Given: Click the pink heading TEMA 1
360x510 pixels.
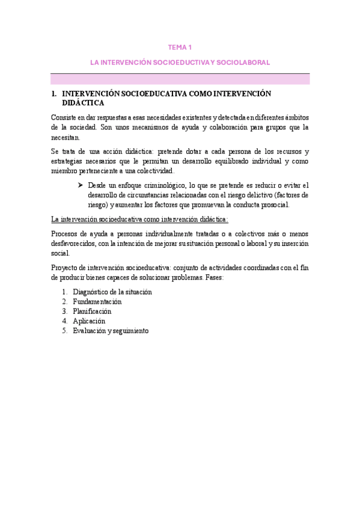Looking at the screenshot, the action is coord(180,46).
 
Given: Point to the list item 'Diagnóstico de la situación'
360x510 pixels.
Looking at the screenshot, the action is coord(112,292).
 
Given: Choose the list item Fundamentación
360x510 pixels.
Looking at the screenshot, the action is coord(97,301).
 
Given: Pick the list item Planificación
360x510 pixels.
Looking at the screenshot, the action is coord(92,311).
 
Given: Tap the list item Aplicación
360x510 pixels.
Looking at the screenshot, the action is coord(89,321).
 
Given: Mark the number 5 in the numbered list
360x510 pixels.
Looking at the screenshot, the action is coord(64,330).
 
